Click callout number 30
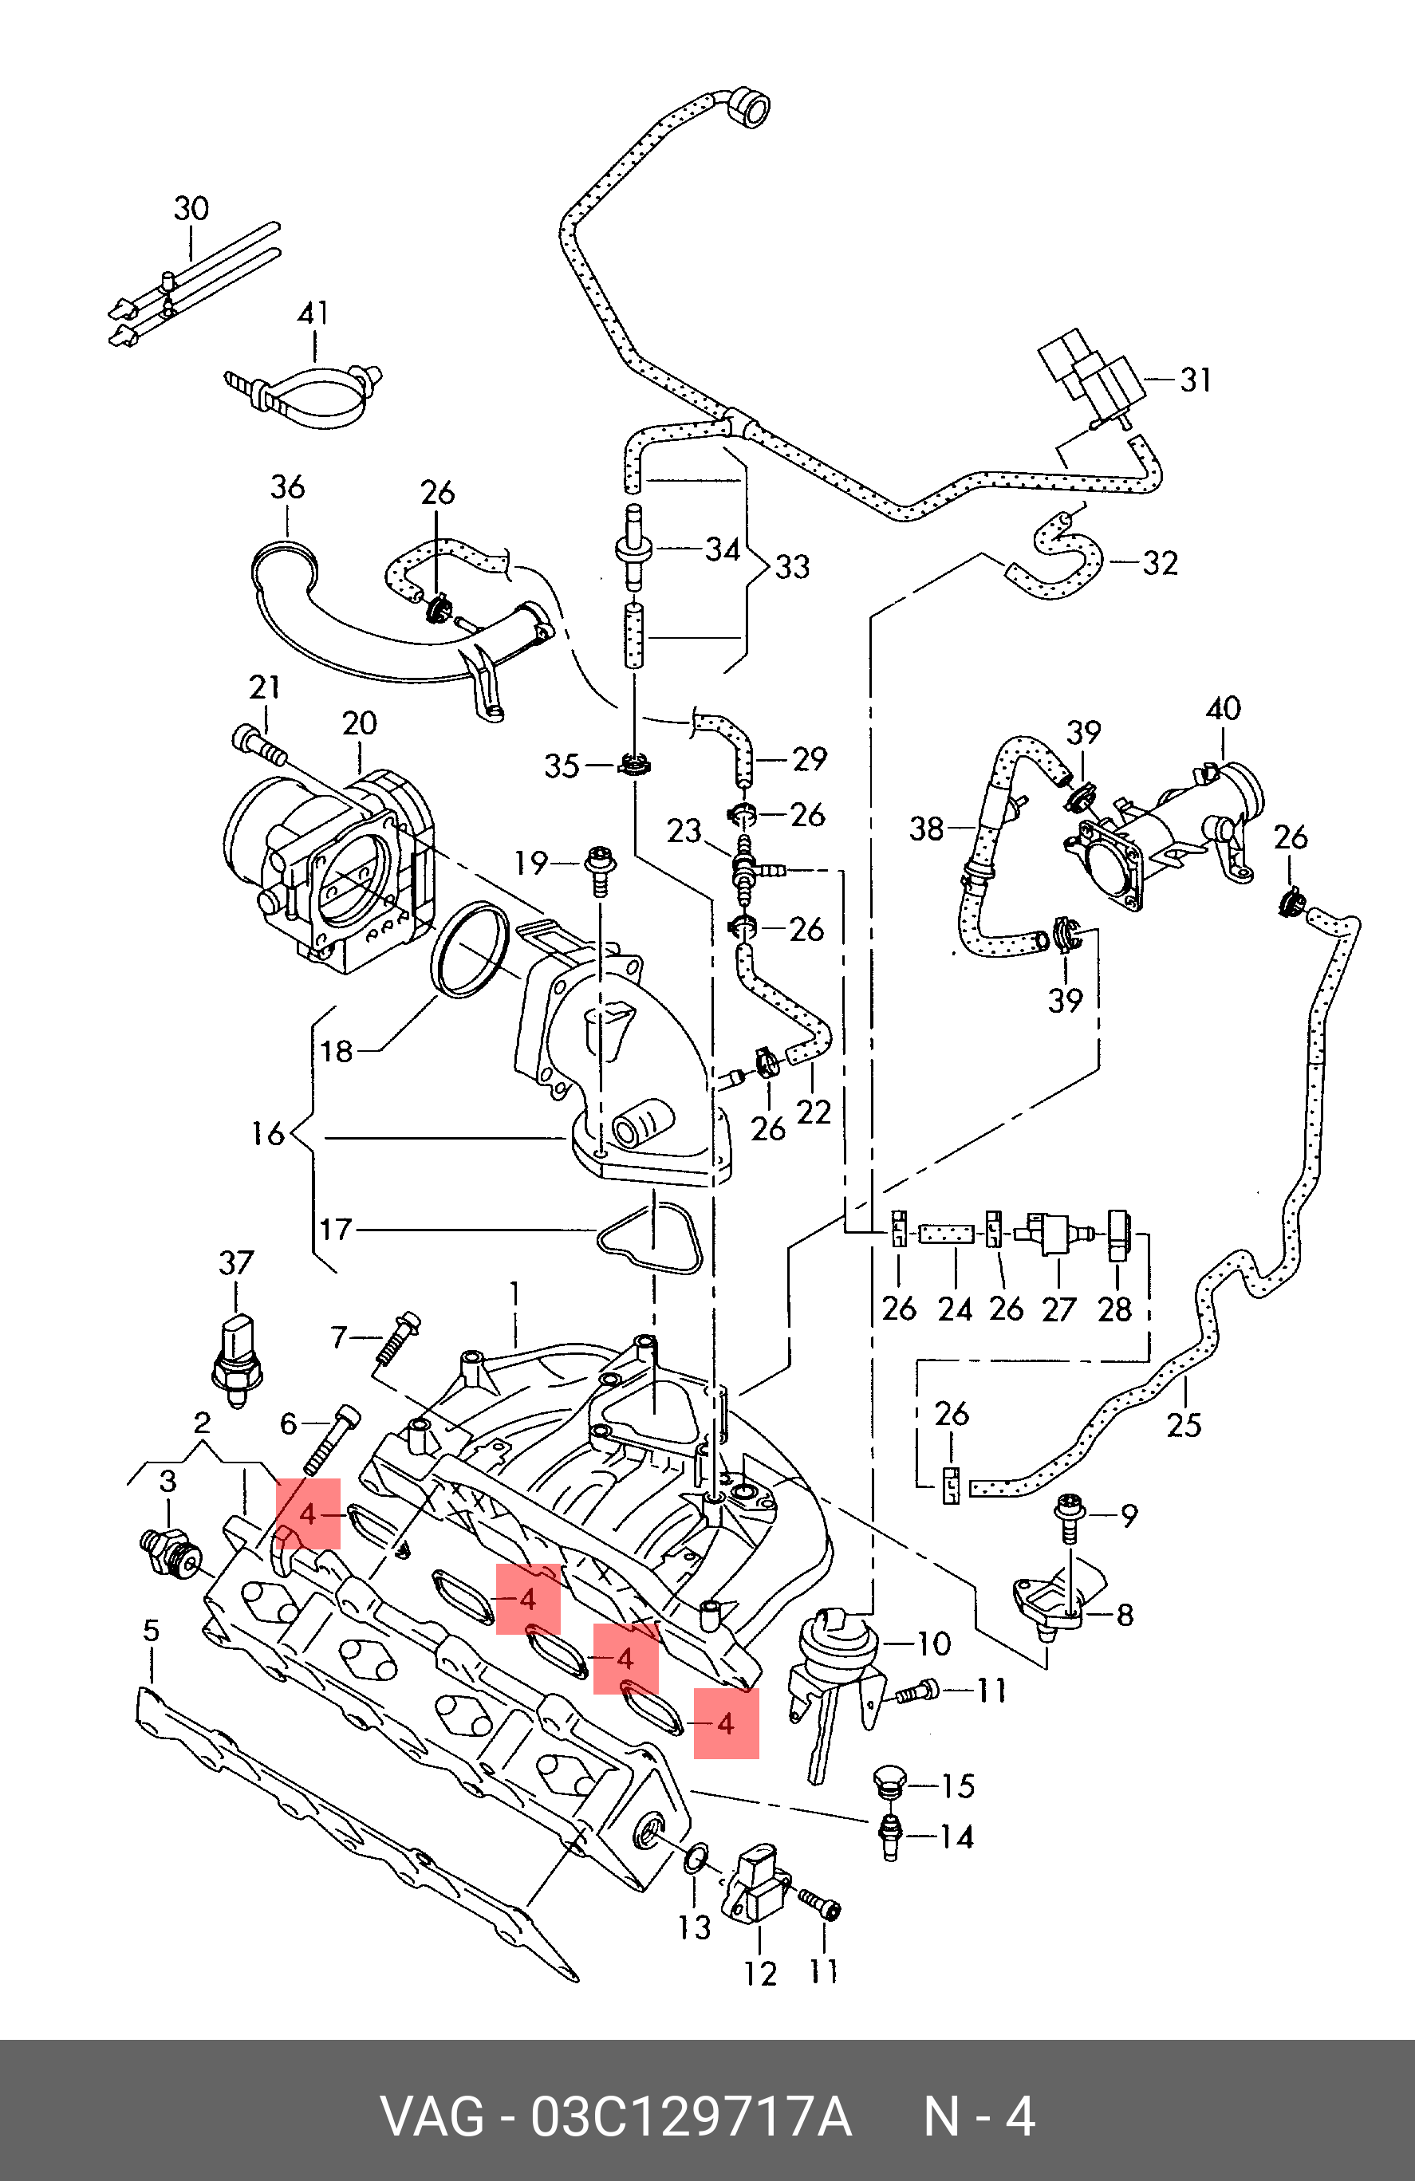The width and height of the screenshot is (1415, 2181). pyautogui.click(x=191, y=209)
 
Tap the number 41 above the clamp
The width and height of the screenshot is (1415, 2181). pyautogui.click(x=313, y=313)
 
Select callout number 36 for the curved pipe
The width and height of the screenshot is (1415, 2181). pyautogui.click(x=287, y=486)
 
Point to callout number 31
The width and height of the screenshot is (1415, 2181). pyautogui.click(x=1195, y=380)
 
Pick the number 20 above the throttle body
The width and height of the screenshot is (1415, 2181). pyautogui.click(x=359, y=723)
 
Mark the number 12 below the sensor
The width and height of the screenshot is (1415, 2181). pyautogui.click(x=759, y=1974)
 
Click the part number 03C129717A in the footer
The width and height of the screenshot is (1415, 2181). pyautogui.click(x=692, y=2117)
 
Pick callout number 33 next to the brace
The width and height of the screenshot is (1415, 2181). pyautogui.click(x=793, y=566)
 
